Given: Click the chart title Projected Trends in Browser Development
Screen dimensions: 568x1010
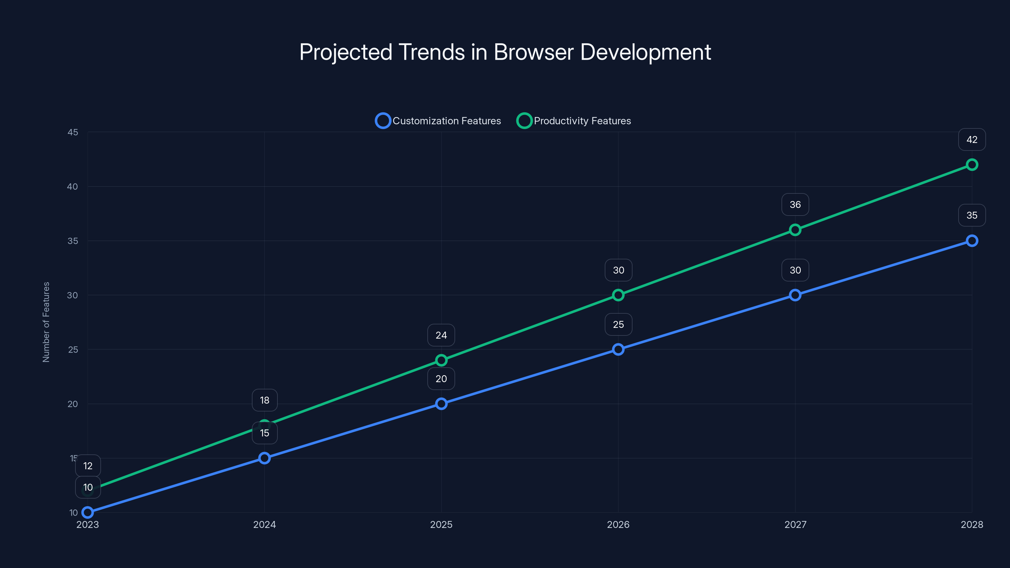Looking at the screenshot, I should point(505,52).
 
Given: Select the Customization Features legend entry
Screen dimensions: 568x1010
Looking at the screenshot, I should point(438,121).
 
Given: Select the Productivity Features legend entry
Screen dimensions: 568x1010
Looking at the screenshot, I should point(574,121).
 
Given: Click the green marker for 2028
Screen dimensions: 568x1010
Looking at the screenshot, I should point(971,165).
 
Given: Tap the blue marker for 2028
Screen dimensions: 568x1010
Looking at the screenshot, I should point(971,241).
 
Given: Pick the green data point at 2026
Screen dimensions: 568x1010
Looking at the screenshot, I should point(618,295).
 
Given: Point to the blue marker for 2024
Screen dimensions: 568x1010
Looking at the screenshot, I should point(264,458).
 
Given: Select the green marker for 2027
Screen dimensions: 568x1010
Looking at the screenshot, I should point(795,230).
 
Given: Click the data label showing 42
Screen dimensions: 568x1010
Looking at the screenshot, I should point(971,139).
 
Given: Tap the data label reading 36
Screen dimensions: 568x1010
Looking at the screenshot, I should point(795,204).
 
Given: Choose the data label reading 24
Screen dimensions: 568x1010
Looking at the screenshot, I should point(441,335).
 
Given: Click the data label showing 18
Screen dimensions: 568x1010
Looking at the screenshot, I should point(264,400).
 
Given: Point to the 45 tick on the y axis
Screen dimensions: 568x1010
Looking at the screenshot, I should point(73,132).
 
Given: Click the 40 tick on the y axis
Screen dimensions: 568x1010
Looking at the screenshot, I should point(73,186).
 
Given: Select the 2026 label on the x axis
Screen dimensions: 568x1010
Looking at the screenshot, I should point(618,524).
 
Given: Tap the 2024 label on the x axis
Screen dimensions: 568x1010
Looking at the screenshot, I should point(264,524).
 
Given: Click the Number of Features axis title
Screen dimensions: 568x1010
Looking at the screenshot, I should point(46,322).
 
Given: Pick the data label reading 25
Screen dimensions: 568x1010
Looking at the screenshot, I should point(618,325).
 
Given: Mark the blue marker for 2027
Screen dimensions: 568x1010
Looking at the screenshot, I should point(795,295).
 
